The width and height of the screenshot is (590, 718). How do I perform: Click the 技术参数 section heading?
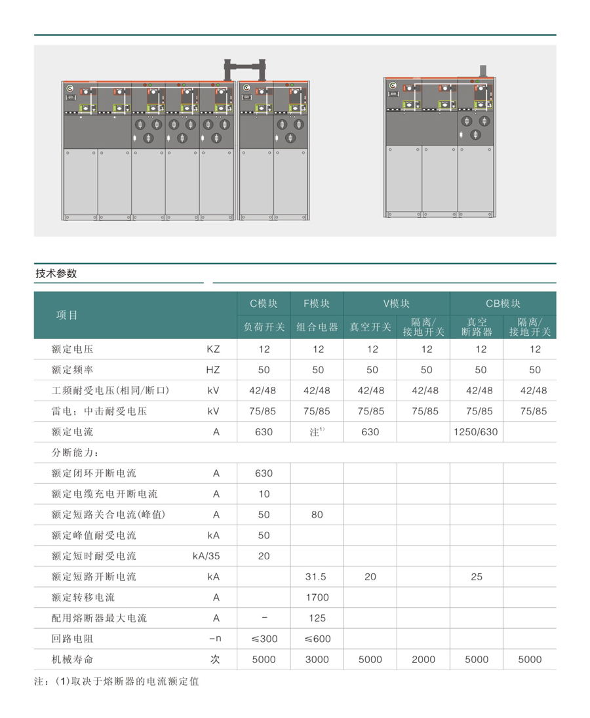(x=56, y=273)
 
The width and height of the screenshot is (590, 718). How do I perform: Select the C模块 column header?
(x=264, y=304)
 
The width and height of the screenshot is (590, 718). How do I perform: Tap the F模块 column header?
(x=317, y=304)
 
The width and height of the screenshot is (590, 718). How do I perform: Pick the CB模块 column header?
(x=503, y=304)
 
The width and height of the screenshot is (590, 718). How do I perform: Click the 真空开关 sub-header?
(x=370, y=327)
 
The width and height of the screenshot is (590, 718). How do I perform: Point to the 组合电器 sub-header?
(x=317, y=327)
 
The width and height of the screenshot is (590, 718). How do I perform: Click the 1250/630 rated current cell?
(x=475, y=432)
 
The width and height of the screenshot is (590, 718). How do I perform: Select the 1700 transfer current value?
(x=317, y=597)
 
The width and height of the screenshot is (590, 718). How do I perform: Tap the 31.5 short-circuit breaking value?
(x=316, y=576)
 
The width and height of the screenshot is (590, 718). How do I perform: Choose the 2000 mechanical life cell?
(x=423, y=660)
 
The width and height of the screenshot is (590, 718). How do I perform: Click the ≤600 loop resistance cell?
(x=317, y=639)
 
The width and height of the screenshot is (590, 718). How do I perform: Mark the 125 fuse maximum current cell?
(x=317, y=618)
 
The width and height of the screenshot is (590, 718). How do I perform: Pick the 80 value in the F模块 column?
(x=317, y=515)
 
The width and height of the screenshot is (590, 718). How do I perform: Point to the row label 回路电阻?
(x=72, y=639)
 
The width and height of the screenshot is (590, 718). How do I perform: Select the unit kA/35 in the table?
(x=206, y=556)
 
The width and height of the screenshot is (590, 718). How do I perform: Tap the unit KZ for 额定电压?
(x=213, y=349)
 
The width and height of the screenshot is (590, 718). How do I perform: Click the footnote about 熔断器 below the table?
(x=117, y=681)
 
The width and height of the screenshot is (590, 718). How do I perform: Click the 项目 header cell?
(x=67, y=315)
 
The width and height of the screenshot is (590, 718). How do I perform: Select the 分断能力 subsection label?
(x=75, y=452)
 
